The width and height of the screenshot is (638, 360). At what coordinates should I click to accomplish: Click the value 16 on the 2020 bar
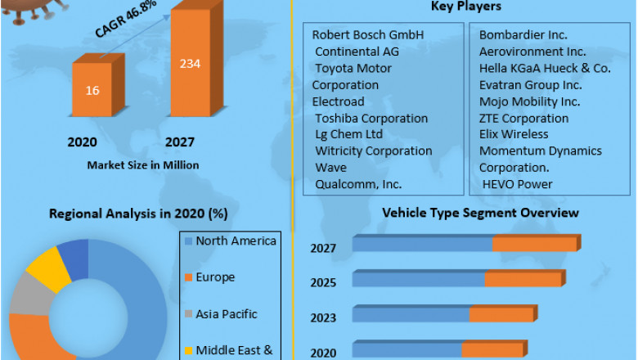coord(92,90)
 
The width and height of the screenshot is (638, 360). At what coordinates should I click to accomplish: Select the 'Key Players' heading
coord(465,7)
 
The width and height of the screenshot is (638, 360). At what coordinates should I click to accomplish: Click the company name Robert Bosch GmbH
coord(368,35)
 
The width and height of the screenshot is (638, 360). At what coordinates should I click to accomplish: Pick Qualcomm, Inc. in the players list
coord(358,184)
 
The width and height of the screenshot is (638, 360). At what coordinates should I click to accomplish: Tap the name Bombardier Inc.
coord(523,35)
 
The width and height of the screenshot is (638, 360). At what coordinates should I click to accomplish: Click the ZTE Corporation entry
coord(523,118)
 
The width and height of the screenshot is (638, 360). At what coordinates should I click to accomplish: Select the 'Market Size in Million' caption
coord(142,164)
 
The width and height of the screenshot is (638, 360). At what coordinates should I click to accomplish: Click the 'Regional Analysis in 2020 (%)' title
coord(138,214)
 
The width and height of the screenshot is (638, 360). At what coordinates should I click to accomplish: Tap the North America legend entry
coord(236,241)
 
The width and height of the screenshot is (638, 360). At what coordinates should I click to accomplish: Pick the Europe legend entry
coord(215,277)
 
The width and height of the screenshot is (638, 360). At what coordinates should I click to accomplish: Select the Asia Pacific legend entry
coord(227,314)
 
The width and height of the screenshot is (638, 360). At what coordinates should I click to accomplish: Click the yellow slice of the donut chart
coord(50,266)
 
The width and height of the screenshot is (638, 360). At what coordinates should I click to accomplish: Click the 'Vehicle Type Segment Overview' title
coord(480,213)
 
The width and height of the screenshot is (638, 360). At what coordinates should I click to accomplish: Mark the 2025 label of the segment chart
coord(323,282)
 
